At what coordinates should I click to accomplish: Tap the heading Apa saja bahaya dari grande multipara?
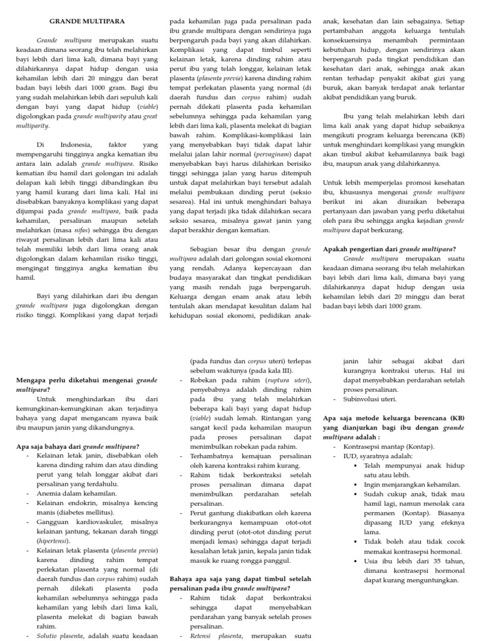click(77, 446)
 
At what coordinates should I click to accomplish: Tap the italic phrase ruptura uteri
click(286, 380)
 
